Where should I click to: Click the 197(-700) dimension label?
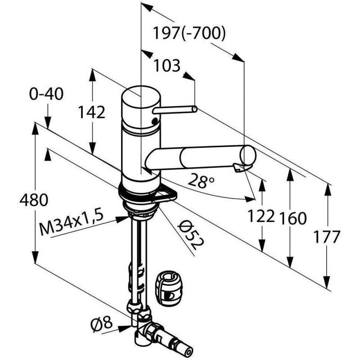click(189, 33)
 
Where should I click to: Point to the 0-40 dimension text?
click(46, 94)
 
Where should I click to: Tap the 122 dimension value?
click(261, 216)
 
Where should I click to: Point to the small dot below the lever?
click(155, 121)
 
